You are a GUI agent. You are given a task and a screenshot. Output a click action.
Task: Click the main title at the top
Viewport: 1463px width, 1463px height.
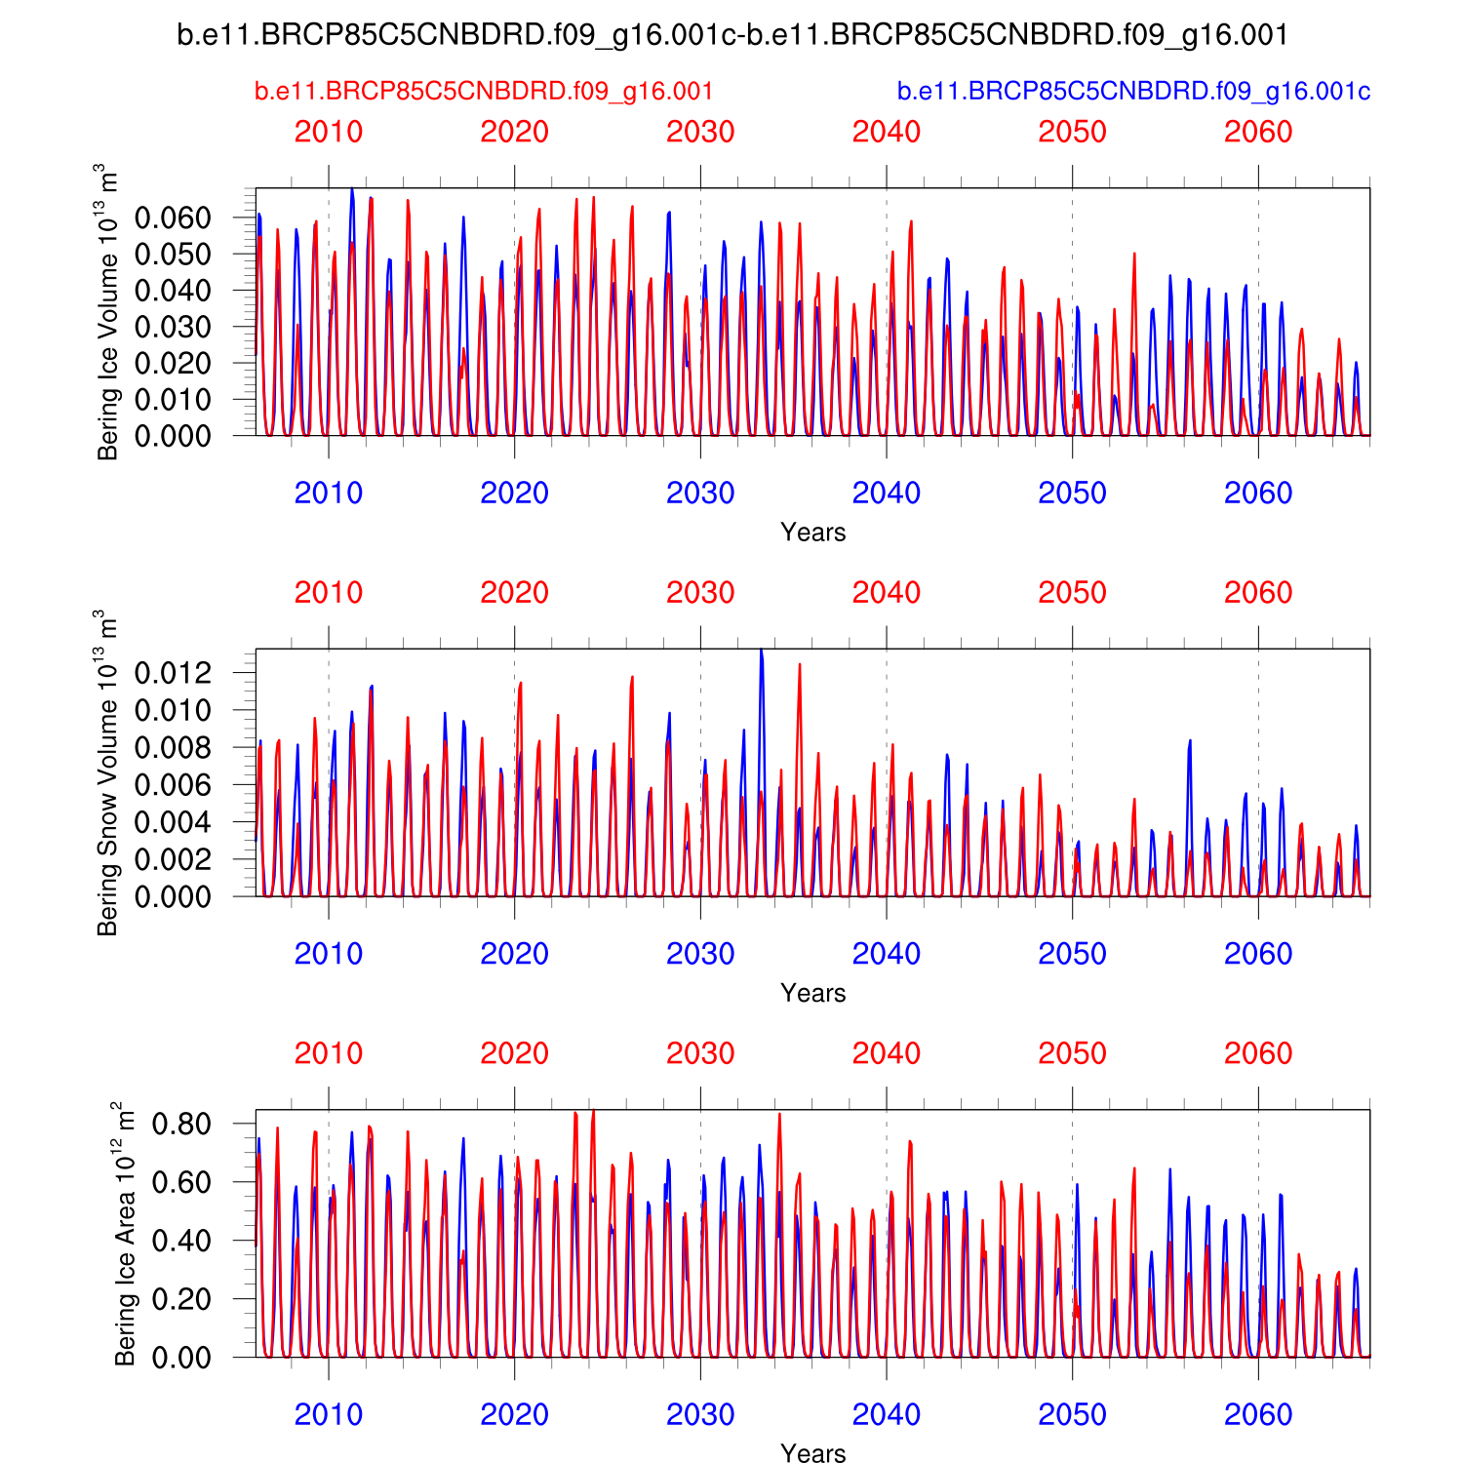(x=732, y=35)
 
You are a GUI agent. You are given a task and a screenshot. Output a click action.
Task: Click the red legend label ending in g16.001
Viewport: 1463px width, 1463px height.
(x=484, y=92)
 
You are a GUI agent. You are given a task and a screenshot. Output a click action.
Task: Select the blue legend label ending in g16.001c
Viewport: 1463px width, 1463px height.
(x=1133, y=92)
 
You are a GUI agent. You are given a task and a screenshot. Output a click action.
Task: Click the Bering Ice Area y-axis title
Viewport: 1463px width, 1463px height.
(x=126, y=1233)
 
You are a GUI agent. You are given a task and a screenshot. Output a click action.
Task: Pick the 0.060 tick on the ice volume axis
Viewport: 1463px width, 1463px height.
(x=173, y=217)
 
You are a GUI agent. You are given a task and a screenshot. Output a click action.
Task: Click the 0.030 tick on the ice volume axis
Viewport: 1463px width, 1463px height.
(x=173, y=327)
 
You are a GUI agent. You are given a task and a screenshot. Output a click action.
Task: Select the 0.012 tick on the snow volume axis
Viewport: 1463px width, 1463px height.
(x=173, y=673)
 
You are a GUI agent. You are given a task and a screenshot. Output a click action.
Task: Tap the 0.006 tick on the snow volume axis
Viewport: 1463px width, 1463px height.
(x=173, y=785)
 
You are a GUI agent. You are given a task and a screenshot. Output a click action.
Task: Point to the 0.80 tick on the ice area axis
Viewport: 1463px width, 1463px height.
(x=181, y=1124)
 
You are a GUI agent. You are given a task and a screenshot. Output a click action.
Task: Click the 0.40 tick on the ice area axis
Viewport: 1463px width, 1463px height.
(x=181, y=1241)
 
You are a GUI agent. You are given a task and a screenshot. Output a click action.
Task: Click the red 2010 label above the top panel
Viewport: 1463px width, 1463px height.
(x=329, y=132)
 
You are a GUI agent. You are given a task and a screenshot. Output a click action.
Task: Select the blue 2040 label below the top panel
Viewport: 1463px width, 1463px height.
(x=887, y=494)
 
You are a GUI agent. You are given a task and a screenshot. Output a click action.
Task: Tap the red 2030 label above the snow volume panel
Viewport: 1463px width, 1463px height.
(x=700, y=593)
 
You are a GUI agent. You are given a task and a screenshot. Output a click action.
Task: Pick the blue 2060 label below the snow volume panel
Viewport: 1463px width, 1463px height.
(x=1258, y=954)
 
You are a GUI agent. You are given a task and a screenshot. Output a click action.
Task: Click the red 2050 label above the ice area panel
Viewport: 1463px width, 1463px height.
(x=1072, y=1053)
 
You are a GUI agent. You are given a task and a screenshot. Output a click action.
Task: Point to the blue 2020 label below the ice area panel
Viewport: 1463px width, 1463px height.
(x=514, y=1414)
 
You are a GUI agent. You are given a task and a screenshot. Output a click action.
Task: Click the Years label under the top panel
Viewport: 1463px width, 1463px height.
(x=812, y=533)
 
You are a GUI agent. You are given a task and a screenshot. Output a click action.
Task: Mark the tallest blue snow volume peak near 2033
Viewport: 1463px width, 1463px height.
(x=761, y=652)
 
